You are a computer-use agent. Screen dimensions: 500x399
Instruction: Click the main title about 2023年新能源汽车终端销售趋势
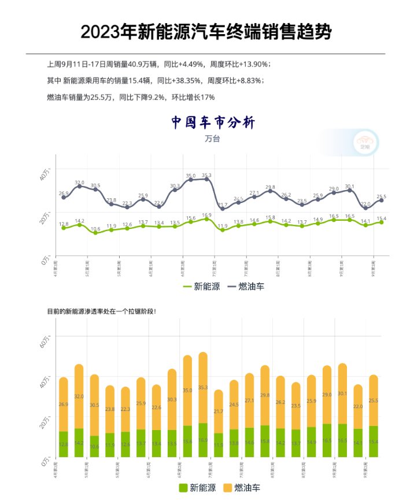pyautogui.click(x=206, y=32)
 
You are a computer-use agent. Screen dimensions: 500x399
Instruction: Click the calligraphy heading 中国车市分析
pyautogui.click(x=213, y=123)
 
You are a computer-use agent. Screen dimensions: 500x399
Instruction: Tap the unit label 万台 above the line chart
pyautogui.click(x=212, y=139)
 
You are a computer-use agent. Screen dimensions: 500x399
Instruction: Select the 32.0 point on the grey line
pyautogui.click(x=80, y=186)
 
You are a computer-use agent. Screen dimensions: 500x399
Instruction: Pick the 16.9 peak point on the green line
pyautogui.click(x=206, y=219)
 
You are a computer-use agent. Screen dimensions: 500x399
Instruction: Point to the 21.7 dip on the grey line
pyautogui.click(x=223, y=208)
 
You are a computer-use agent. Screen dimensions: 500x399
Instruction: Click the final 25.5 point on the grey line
pyautogui.click(x=381, y=200)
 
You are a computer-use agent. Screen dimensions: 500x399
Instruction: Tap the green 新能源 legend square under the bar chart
pyautogui.click(x=183, y=488)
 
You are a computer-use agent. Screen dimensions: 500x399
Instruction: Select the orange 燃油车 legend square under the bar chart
pyautogui.click(x=227, y=488)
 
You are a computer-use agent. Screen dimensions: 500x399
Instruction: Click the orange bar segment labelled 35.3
pyautogui.click(x=203, y=388)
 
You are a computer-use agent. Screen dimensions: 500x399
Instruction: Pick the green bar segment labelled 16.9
pyautogui.click(x=203, y=440)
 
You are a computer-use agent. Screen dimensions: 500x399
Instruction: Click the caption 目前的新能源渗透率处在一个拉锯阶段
pyautogui.click(x=101, y=311)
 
